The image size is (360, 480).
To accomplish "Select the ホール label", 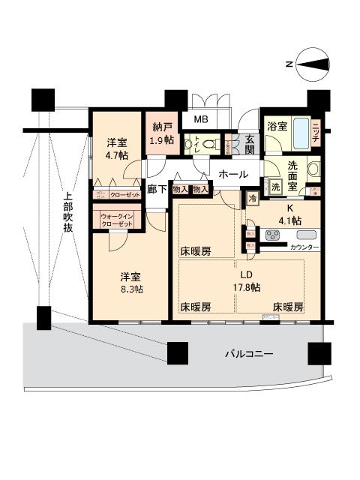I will (x=232, y=174).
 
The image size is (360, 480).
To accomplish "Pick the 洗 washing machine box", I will (x=275, y=187).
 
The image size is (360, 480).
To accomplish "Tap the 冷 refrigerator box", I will (x=253, y=199).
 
